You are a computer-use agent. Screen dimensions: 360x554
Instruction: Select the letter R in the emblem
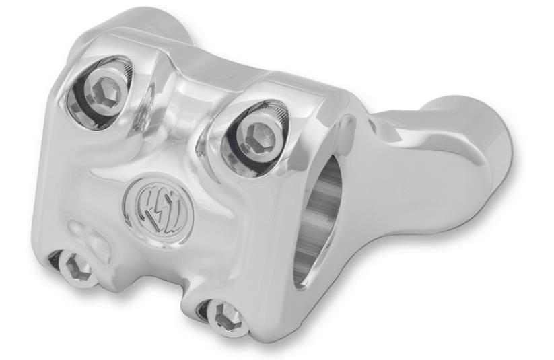coord(143,199)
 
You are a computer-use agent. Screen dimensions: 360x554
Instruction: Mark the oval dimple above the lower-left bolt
coord(84,232)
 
